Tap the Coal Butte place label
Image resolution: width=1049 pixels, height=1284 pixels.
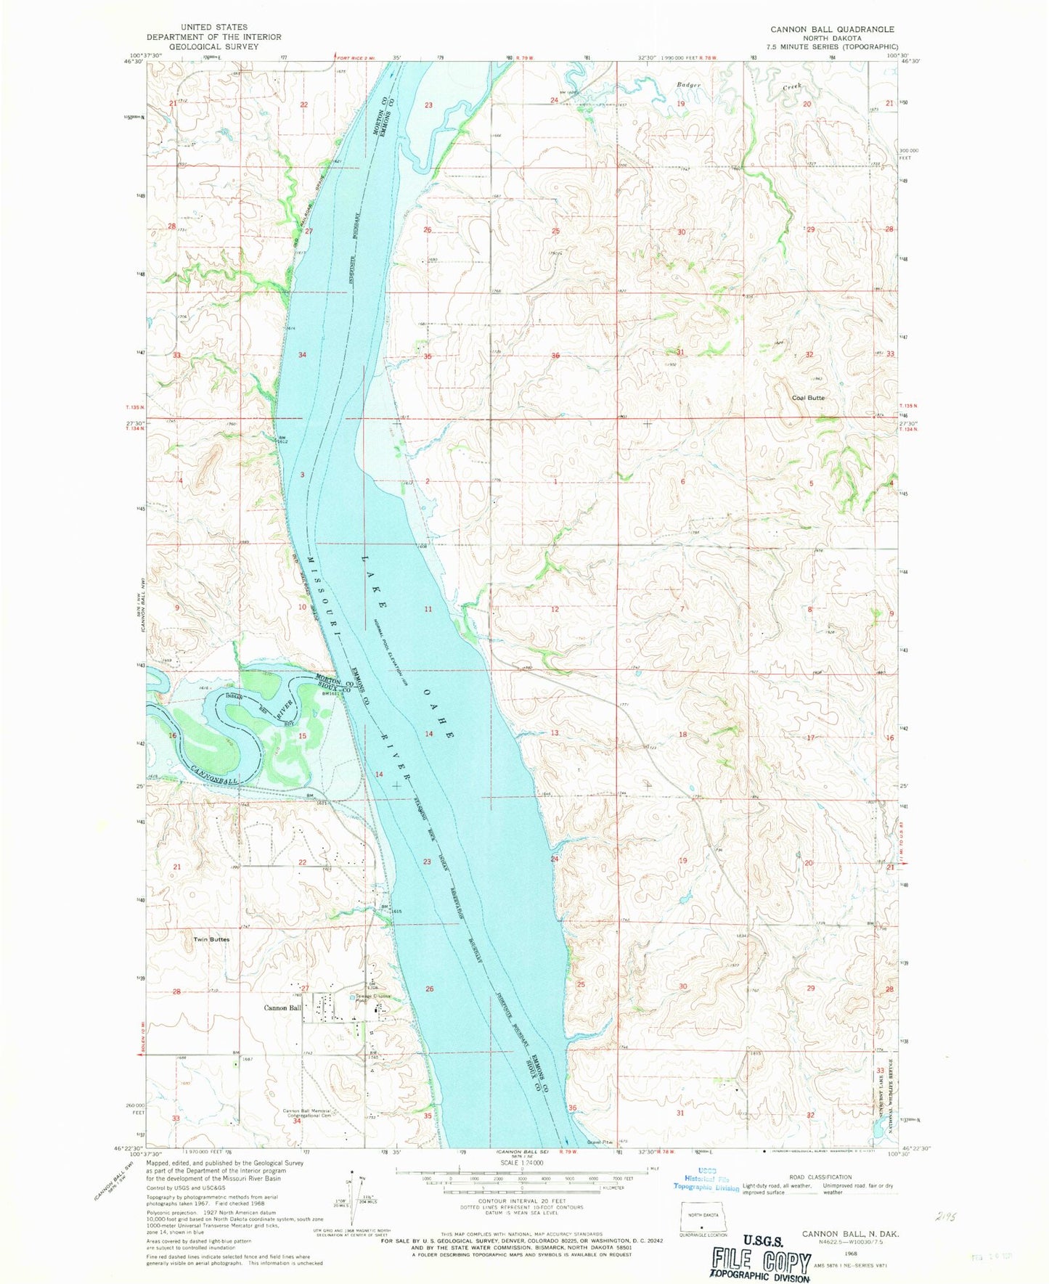(x=808, y=398)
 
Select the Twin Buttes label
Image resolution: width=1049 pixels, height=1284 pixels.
(x=211, y=939)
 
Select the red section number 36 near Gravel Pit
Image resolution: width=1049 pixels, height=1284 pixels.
(x=573, y=1108)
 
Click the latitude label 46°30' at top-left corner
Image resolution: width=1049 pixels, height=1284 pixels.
(x=133, y=62)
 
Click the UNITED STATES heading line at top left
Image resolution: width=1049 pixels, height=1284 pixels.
(x=214, y=27)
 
